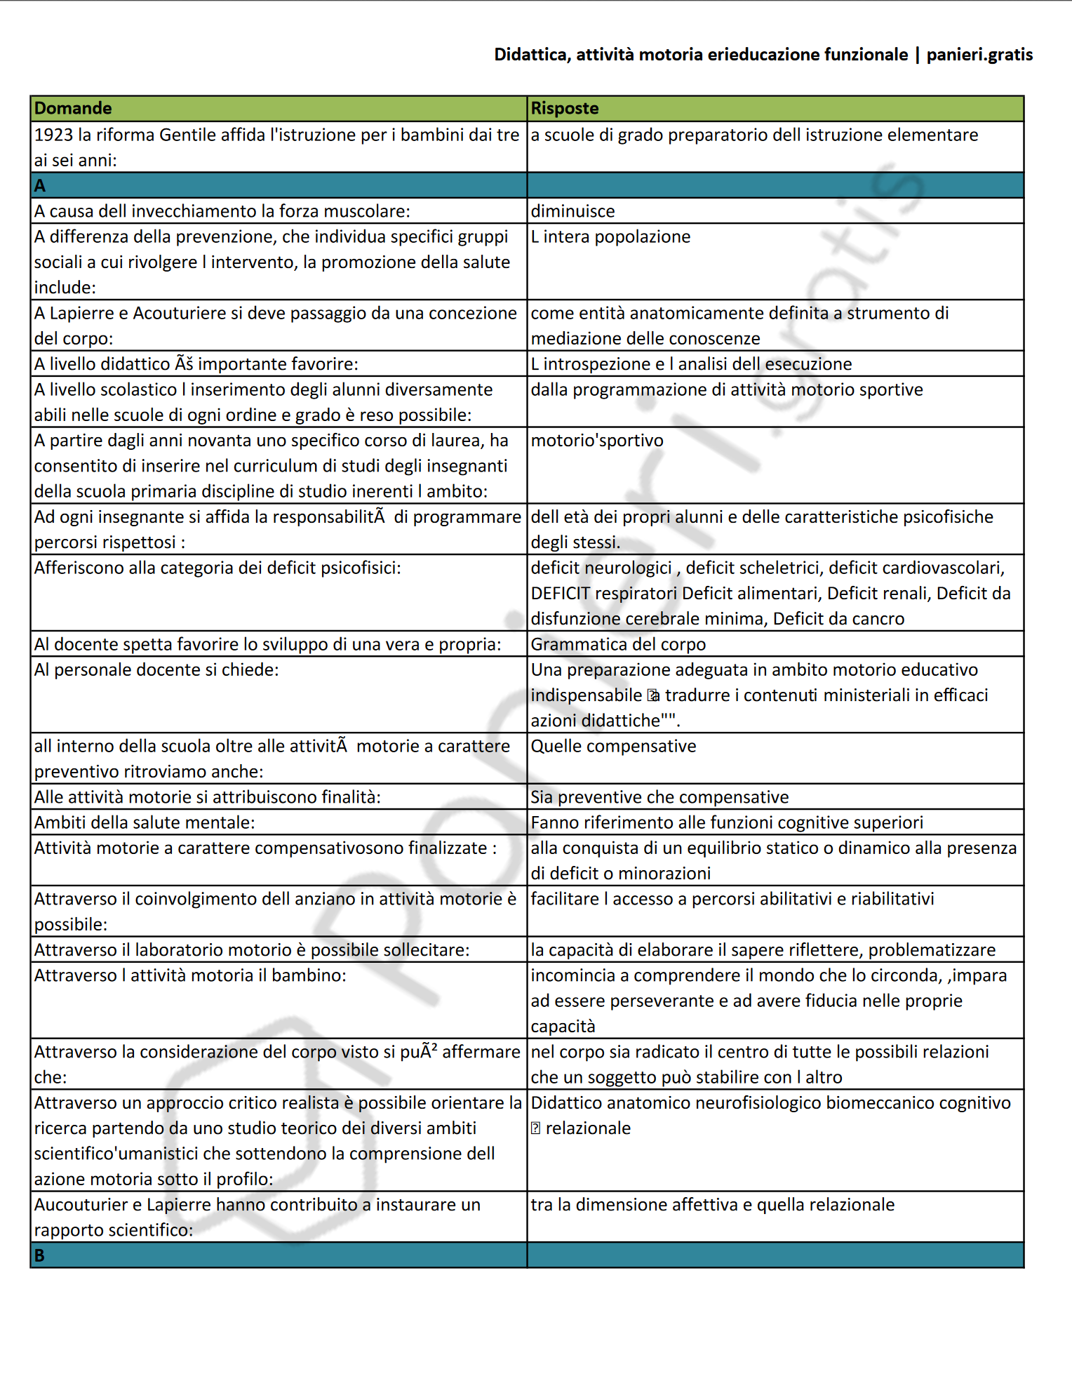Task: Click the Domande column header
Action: (x=73, y=108)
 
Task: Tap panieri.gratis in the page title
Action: (x=979, y=55)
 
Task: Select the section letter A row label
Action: (x=40, y=186)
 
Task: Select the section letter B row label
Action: (x=40, y=1255)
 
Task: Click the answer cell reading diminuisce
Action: (x=572, y=211)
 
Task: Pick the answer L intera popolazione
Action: (x=610, y=236)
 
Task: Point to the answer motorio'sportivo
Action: (x=597, y=441)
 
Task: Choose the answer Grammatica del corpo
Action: (x=618, y=644)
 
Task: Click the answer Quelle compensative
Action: (x=613, y=746)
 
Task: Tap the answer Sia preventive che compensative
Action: (x=659, y=797)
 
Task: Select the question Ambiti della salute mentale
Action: (x=145, y=822)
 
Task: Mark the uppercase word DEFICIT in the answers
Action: (x=560, y=594)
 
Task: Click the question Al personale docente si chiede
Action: (x=156, y=670)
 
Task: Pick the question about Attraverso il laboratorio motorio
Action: (x=252, y=950)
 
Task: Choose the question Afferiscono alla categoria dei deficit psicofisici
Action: (x=217, y=568)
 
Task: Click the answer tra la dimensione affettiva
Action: (x=712, y=1205)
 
